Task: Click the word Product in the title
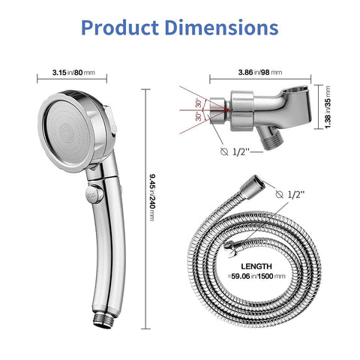point(120,28)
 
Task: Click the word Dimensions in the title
point(221,28)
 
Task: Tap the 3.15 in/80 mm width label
point(73,73)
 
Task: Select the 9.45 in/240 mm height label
point(152,197)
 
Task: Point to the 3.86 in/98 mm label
point(260,72)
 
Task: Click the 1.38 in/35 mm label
point(328,107)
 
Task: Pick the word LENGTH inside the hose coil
point(256,266)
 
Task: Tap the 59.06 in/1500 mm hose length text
point(257,276)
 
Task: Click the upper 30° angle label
point(198,103)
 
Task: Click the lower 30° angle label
point(198,117)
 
